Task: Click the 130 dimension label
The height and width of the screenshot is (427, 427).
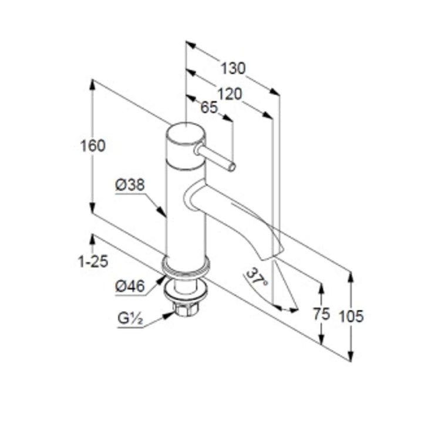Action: pos(233,68)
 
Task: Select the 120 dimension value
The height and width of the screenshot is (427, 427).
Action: pos(230,94)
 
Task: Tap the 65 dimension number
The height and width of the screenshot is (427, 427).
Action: pos(209,107)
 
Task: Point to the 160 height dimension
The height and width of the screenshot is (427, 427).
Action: pos(93,146)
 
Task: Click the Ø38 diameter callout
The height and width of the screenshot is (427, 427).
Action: pos(130,185)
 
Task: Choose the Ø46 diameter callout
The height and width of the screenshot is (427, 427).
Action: pos(130,286)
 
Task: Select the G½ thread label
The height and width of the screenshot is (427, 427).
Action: pos(130,318)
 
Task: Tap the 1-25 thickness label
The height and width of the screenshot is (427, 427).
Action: pos(93,262)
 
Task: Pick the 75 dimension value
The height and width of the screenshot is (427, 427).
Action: pos(321,314)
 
